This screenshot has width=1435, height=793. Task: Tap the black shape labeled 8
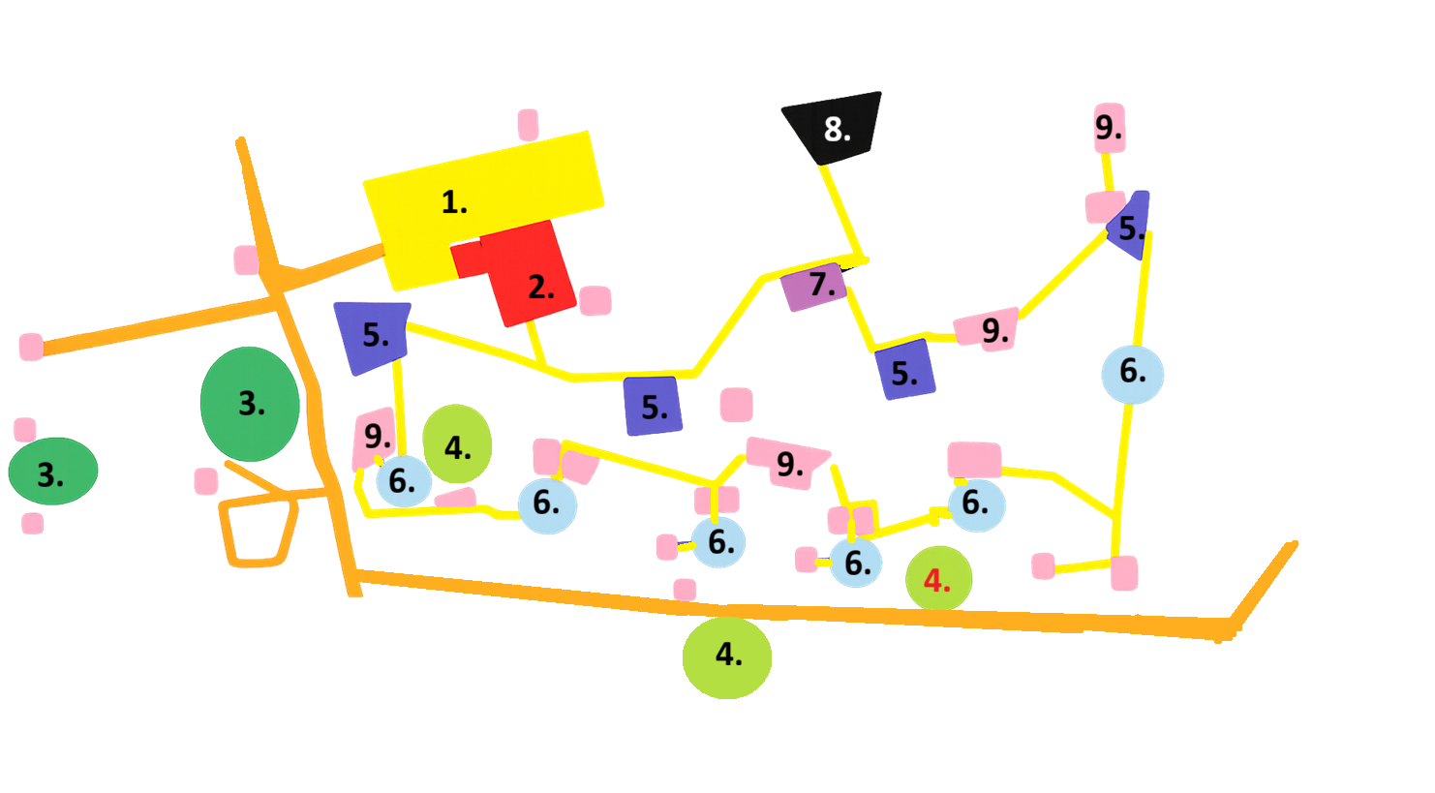click(833, 128)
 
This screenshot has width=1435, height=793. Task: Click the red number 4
click(936, 580)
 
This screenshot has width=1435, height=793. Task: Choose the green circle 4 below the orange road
click(727, 657)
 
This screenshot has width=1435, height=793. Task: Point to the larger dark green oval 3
click(250, 404)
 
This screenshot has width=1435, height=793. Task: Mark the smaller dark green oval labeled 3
click(53, 471)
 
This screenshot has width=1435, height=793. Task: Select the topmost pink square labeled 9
click(1110, 128)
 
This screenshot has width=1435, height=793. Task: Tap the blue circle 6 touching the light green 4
click(404, 481)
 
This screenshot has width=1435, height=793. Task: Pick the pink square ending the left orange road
click(31, 347)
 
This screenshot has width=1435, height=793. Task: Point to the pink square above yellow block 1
click(528, 124)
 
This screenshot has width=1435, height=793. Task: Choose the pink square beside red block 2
click(595, 300)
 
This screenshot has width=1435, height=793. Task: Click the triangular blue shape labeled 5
click(1131, 226)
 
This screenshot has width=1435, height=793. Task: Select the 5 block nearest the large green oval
click(373, 336)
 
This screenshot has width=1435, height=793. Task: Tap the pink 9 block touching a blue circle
click(374, 439)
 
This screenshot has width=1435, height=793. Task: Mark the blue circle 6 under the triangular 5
click(1133, 375)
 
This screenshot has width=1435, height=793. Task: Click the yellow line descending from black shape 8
click(842, 211)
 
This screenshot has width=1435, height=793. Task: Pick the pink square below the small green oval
click(33, 523)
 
